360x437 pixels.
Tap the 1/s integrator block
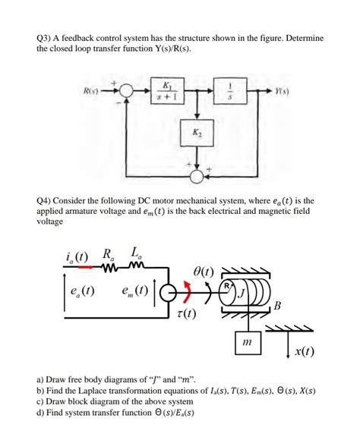(x=226, y=89)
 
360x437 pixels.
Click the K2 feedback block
(x=197, y=134)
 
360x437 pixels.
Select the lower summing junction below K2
(x=197, y=176)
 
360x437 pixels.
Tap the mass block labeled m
(x=246, y=344)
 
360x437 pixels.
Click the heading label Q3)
(x=46, y=37)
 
